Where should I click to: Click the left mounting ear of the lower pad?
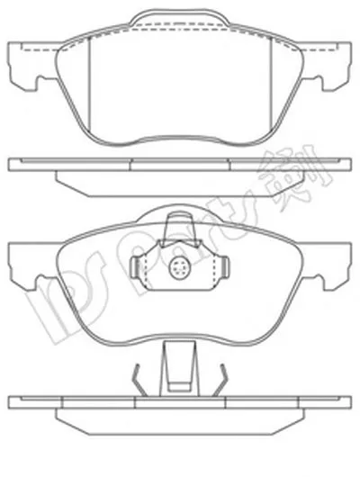pos(24,263)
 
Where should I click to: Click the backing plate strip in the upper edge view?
pos(179,165)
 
